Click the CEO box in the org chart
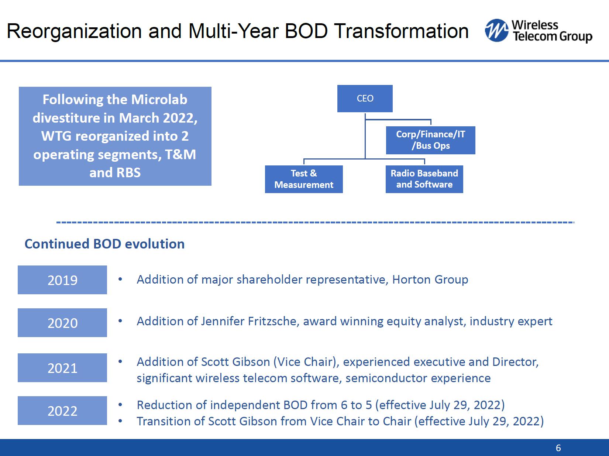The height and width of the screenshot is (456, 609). click(x=365, y=99)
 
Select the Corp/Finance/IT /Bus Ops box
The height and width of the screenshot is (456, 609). click(x=430, y=140)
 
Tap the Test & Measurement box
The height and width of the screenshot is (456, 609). click(x=304, y=179)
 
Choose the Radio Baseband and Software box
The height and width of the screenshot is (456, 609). click(x=424, y=179)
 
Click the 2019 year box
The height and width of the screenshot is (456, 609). click(x=62, y=280)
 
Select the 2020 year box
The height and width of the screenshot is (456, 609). click(x=62, y=322)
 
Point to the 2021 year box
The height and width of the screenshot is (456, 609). click(x=62, y=368)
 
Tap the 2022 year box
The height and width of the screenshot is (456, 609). click(x=62, y=411)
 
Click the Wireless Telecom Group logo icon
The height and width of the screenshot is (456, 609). click(x=497, y=30)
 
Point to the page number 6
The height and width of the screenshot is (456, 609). click(x=558, y=448)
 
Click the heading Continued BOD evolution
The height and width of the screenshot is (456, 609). click(x=104, y=244)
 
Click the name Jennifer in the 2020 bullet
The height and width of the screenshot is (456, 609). click(x=223, y=322)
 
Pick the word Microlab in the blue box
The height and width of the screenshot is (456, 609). click(x=159, y=99)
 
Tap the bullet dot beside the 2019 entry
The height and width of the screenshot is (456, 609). click(x=120, y=279)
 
